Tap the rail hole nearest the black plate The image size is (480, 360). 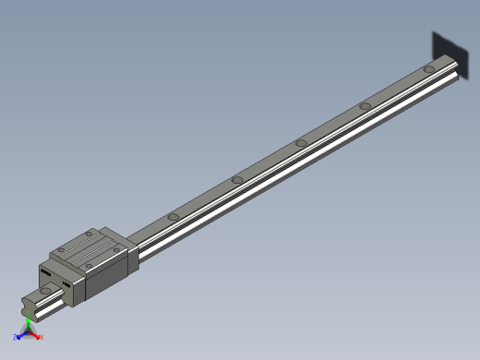(429, 69)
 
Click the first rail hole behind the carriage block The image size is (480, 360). (173, 218)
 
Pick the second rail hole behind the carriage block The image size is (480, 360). (237, 179)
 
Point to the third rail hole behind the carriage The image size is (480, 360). (301, 142)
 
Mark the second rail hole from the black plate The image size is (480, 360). (366, 105)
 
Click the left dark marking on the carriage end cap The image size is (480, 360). (44, 271)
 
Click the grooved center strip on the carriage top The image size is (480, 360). (88, 246)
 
